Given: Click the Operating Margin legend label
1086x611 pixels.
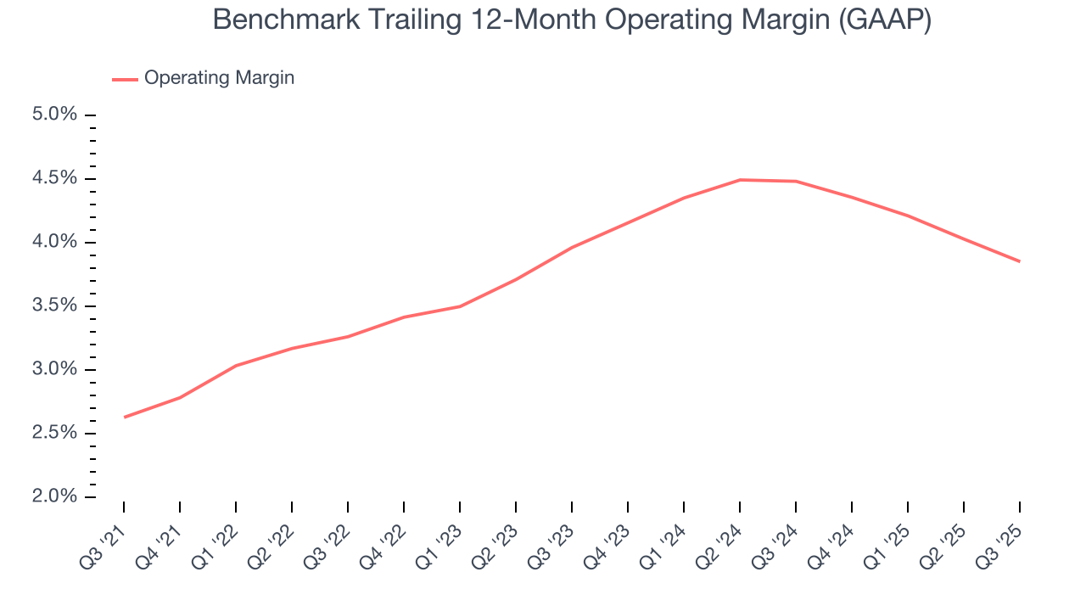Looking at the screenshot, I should click(x=219, y=78).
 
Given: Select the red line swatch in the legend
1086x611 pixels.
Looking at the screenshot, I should click(x=125, y=79).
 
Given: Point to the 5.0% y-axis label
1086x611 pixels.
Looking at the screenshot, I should click(x=54, y=115).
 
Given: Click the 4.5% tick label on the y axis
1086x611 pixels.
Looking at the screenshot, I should click(x=54, y=178).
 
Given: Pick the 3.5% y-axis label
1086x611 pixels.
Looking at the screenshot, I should click(x=54, y=306).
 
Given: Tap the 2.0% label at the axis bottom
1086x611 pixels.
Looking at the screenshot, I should click(x=54, y=497).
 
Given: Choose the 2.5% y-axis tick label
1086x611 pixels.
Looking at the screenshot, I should click(x=54, y=434).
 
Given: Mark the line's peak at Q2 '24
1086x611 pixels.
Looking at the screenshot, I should click(x=740, y=180).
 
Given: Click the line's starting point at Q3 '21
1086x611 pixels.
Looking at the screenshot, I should click(x=125, y=417).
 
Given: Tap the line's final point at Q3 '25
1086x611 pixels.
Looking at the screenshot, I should click(x=1019, y=261).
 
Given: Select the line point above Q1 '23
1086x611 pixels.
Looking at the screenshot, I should click(x=460, y=305).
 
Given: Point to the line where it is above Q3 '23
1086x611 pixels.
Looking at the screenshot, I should click(x=572, y=247).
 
